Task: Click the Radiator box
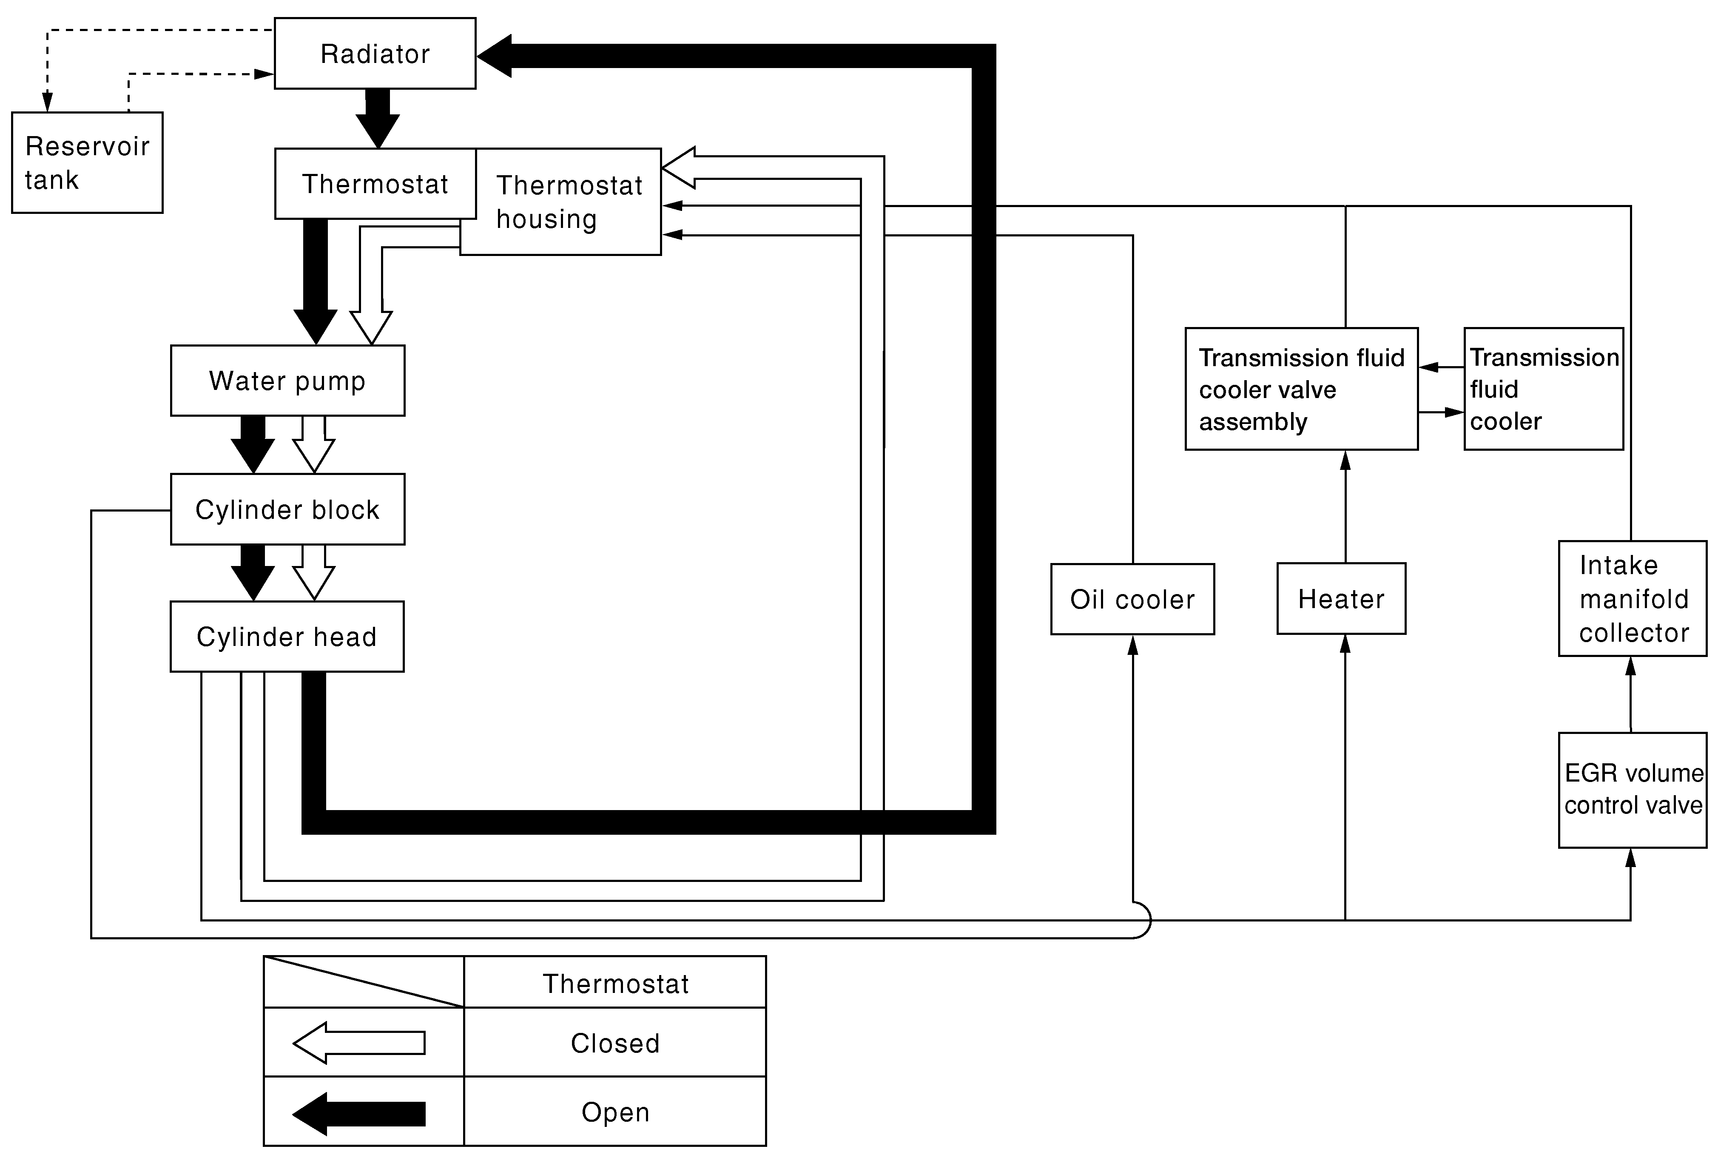coord(375,53)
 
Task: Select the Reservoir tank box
coord(87,163)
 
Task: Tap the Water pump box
coord(287,381)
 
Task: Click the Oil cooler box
coord(1132,599)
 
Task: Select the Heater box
coord(1341,599)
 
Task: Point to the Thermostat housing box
coord(560,202)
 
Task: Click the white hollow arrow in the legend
coord(359,1043)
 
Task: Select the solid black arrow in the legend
coord(359,1114)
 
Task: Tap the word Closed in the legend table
coord(615,1043)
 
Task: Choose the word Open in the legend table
coord(615,1112)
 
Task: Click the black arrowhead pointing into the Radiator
coord(494,55)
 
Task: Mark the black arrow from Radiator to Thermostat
coord(378,118)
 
